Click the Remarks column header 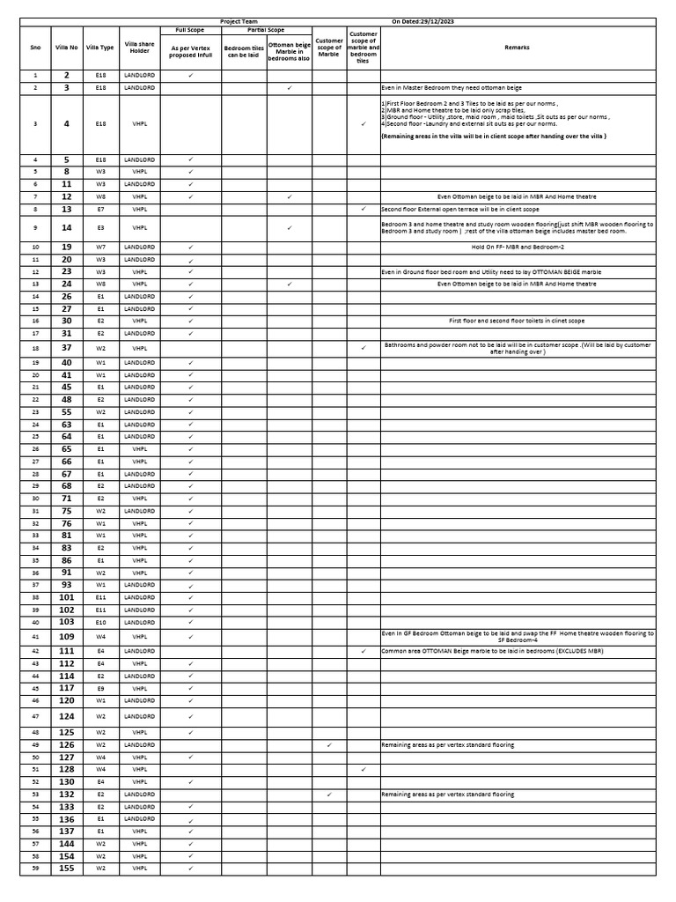518,48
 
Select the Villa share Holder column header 139,48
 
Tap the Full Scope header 190,30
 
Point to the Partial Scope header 266,30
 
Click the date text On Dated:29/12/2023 424,20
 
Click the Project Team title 239,20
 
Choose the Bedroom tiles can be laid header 244,52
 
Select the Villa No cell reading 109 67,636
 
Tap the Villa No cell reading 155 67,869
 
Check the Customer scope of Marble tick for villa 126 329,744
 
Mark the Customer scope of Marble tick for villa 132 329,794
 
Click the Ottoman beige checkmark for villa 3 290,88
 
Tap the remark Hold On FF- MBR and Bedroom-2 518,248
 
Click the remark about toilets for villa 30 518,321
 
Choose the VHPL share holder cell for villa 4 139,124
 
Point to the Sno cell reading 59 35,869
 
